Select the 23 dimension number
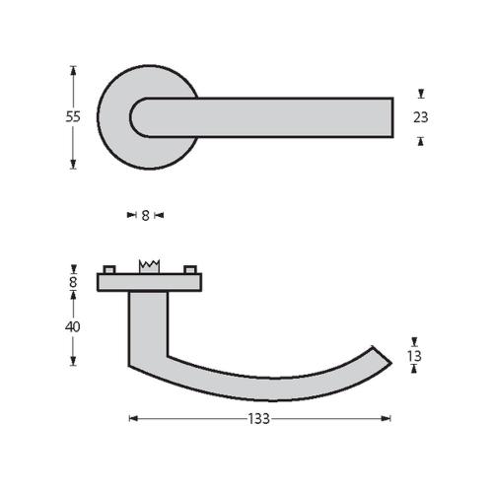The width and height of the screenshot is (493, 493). tap(421, 116)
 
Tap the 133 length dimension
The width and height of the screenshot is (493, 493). tap(260, 418)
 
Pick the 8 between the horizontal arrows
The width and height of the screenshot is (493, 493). tap(145, 214)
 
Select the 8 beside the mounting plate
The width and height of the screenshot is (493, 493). tap(73, 282)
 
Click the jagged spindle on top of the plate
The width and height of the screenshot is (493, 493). tap(150, 267)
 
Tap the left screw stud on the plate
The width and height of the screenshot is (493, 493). tap(108, 269)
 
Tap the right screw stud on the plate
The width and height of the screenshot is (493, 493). tap(190, 269)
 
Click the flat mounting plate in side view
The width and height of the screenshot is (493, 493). tap(149, 283)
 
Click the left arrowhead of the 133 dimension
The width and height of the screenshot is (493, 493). tap(133, 418)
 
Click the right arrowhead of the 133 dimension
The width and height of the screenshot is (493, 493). tap(387, 418)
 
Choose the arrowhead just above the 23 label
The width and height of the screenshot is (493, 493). tap(421, 95)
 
